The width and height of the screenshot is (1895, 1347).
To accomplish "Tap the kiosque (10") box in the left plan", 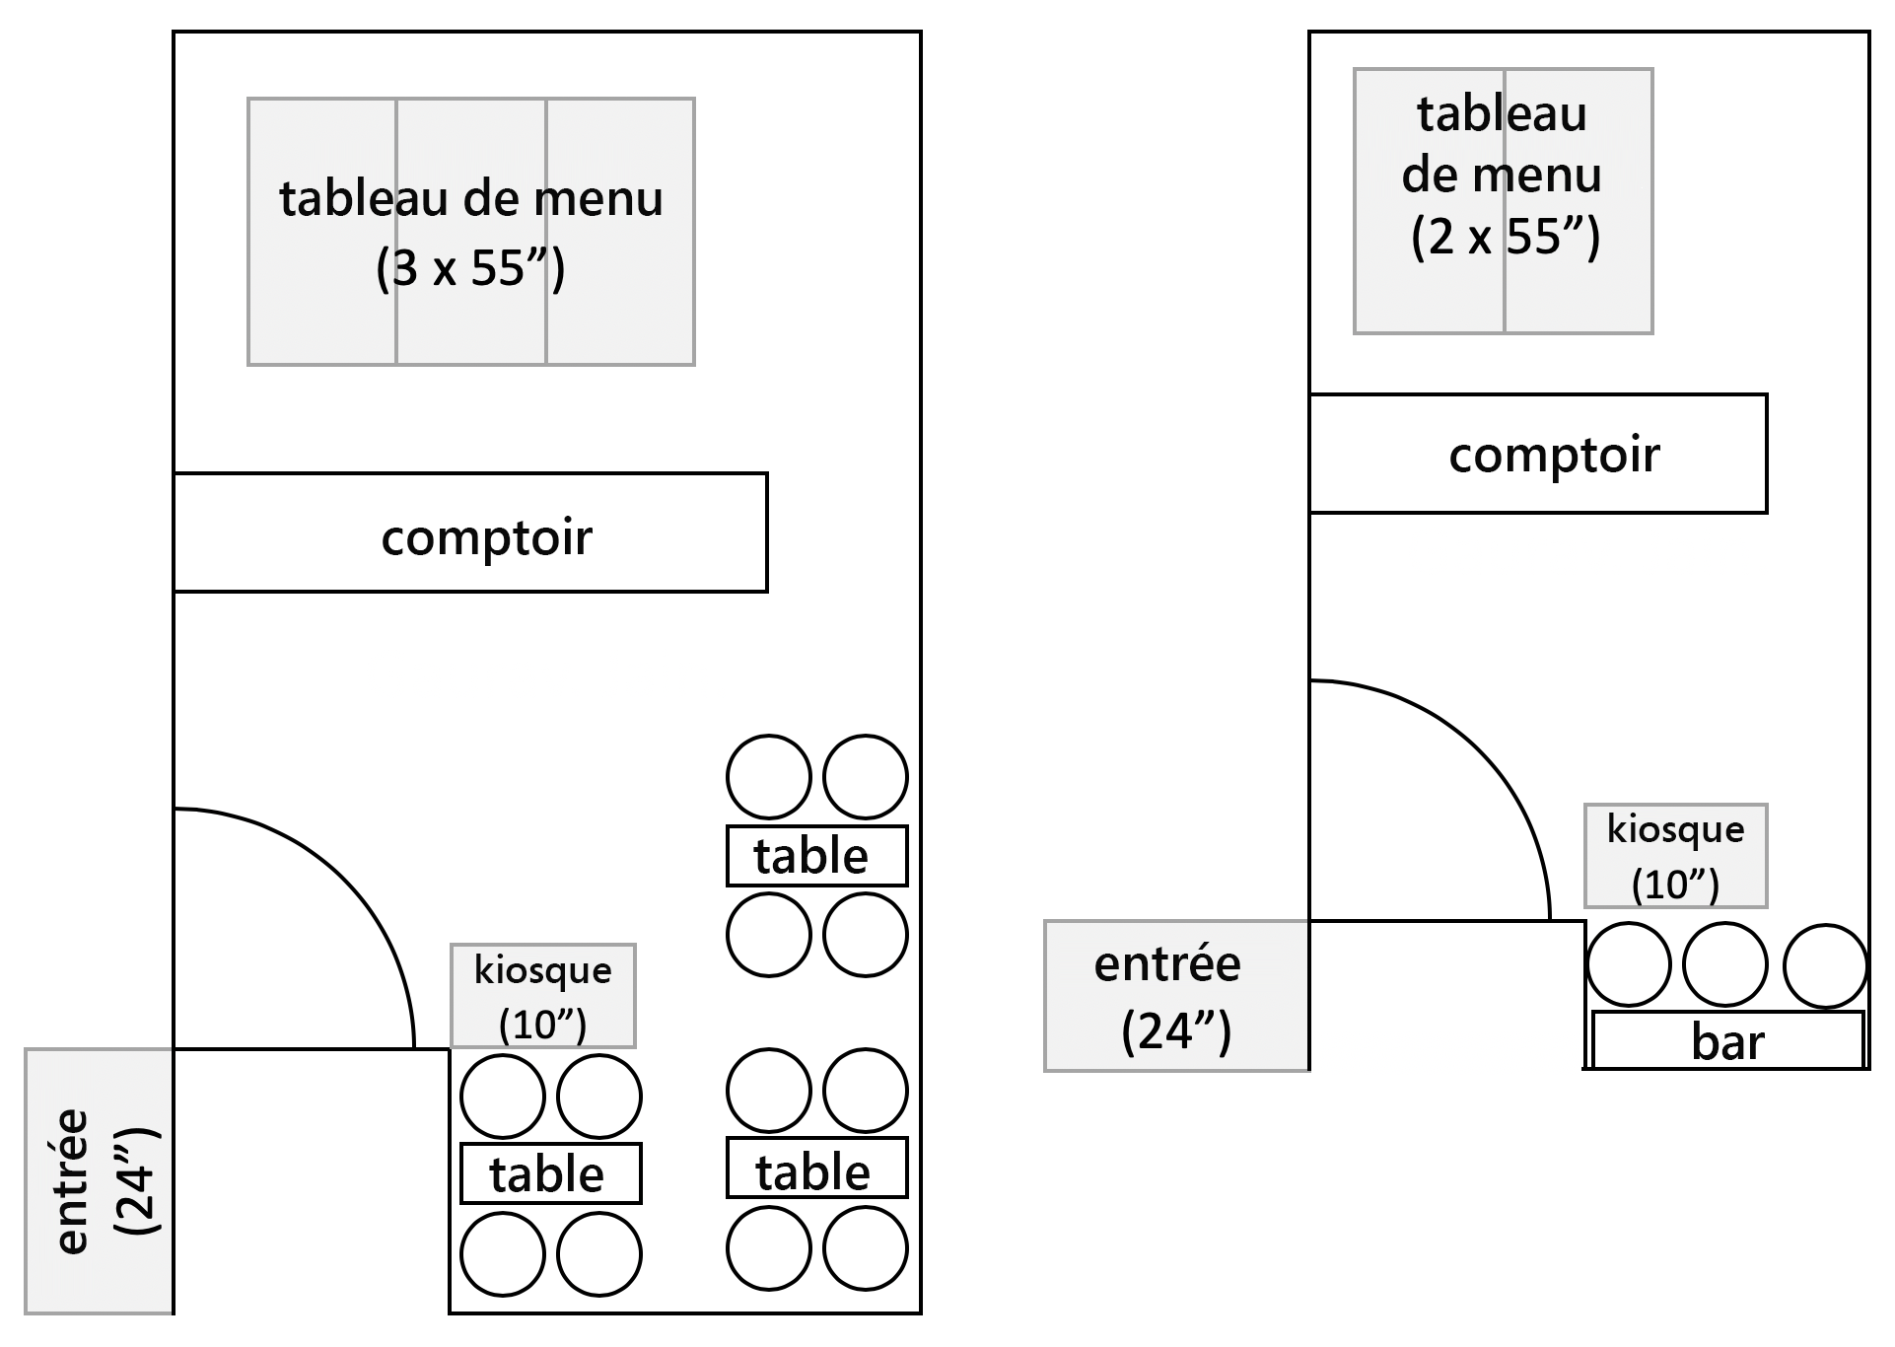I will (x=542, y=996).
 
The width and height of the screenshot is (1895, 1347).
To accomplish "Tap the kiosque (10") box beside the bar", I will (x=1675, y=856).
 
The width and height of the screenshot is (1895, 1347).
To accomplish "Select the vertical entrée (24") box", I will (x=99, y=1180).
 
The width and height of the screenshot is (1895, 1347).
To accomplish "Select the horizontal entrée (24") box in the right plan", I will (x=1176, y=996).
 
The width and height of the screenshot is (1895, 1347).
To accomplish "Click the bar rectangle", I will (x=1727, y=1040).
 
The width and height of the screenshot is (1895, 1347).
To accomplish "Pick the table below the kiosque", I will (x=550, y=1173).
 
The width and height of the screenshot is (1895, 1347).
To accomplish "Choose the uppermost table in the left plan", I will (x=816, y=856).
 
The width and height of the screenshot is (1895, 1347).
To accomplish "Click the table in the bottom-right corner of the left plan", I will (x=816, y=1169).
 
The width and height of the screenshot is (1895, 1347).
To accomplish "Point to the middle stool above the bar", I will (x=1724, y=964).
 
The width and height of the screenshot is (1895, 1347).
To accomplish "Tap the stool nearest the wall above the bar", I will (x=1825, y=966).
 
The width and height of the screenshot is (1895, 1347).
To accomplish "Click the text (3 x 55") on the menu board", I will (x=470, y=267).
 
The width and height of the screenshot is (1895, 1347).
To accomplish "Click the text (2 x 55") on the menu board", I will (x=1505, y=237).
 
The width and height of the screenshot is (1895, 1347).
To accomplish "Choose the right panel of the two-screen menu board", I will (x=1579, y=296).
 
